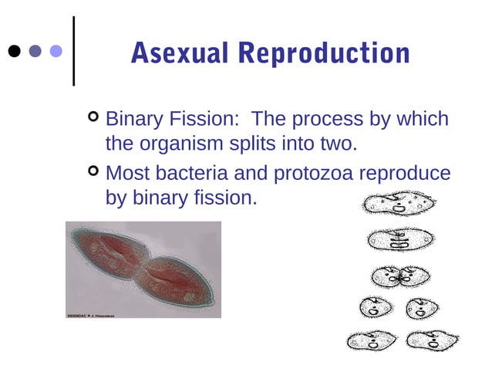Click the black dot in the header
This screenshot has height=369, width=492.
(14, 52)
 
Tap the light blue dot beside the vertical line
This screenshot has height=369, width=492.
(56, 52)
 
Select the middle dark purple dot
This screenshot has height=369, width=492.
(35, 52)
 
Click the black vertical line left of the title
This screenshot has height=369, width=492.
(73, 51)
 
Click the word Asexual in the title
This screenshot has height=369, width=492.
(180, 52)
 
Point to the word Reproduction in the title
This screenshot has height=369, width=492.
(324, 52)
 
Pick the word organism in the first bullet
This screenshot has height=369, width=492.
(181, 144)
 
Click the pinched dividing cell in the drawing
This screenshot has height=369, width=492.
(401, 276)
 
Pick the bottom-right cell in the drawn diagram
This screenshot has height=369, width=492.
(431, 339)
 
